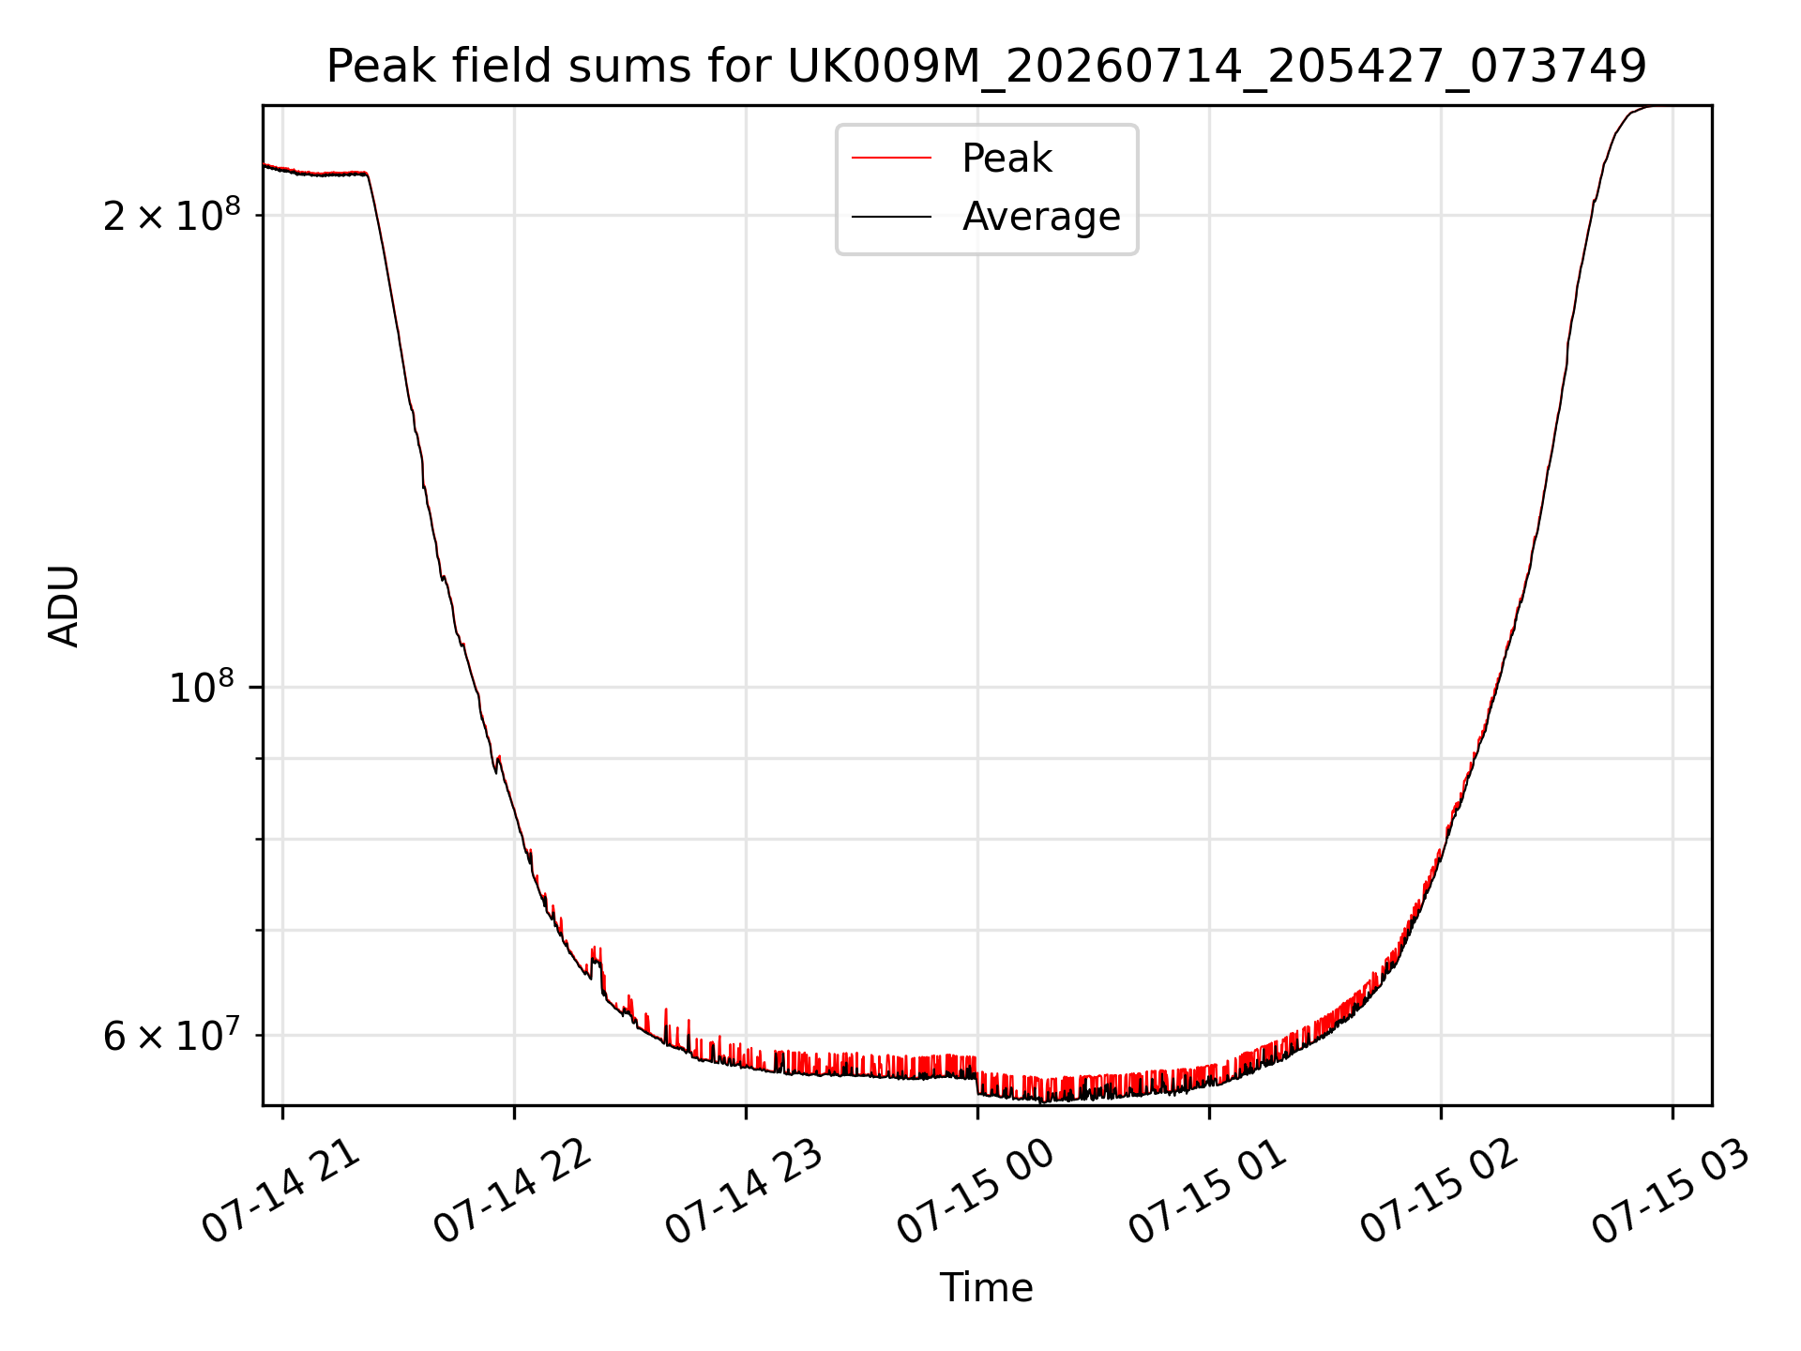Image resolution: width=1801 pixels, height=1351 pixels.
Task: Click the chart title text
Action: point(987,67)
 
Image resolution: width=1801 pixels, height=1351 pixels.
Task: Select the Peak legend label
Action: point(1006,159)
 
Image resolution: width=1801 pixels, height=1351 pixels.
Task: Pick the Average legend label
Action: point(1041,217)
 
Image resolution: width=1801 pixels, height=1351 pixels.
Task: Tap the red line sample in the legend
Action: point(891,159)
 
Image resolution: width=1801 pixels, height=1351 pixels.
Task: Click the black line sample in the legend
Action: point(891,217)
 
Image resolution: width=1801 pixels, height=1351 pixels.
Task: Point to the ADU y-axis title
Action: point(64,606)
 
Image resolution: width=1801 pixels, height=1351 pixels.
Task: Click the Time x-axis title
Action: point(987,1288)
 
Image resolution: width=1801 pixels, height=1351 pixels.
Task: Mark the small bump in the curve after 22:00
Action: point(596,959)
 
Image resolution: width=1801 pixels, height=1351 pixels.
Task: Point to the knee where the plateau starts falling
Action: point(367,175)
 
